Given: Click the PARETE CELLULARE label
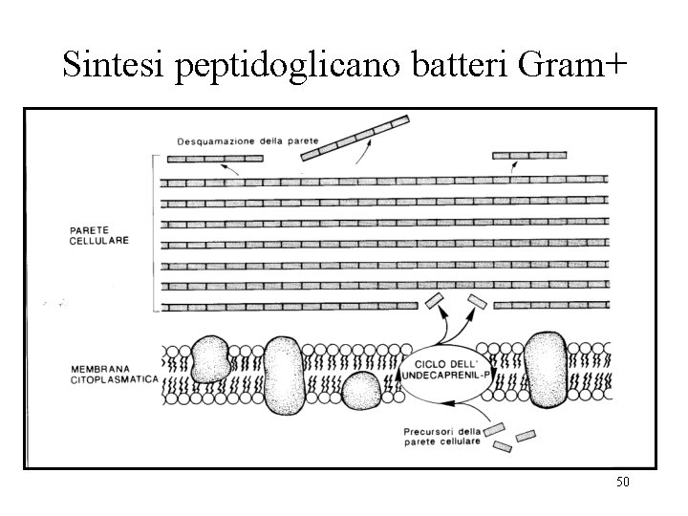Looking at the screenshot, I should pos(98,236).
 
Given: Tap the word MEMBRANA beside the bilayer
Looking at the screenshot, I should pos(98,367).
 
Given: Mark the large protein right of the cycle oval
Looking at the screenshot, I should pos(547,368).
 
